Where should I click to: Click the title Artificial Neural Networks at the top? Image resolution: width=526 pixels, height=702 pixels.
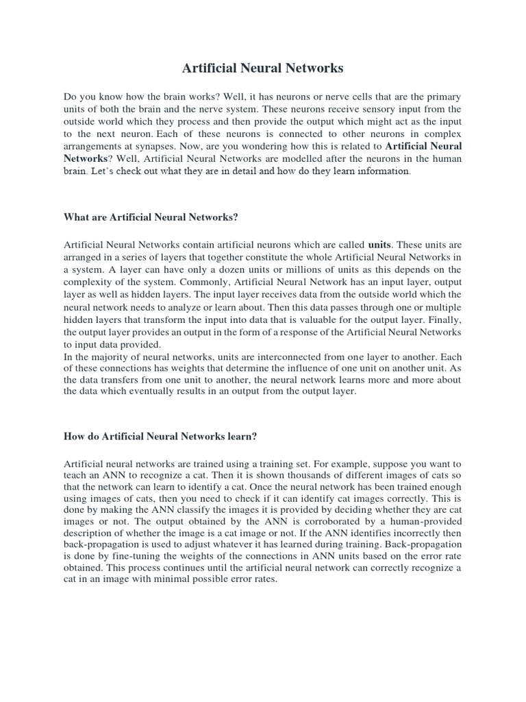(262, 69)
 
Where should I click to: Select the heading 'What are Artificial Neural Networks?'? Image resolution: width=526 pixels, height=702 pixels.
(151, 217)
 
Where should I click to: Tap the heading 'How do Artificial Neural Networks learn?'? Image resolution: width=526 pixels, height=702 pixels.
(160, 435)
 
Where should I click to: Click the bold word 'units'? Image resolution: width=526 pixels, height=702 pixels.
(380, 245)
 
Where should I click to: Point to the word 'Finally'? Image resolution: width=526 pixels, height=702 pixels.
(443, 319)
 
